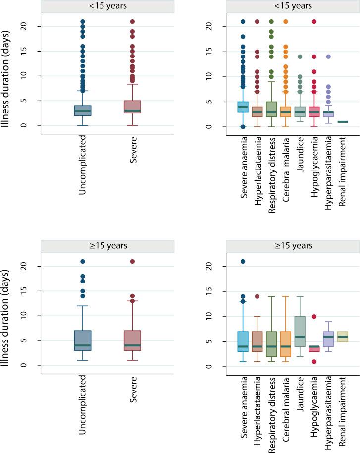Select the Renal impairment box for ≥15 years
pyautogui.click(x=342, y=337)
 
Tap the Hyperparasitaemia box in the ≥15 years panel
pyautogui.click(x=328, y=339)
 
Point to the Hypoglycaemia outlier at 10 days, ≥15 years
pyautogui.click(x=314, y=316)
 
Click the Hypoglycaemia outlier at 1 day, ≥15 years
pyautogui.click(x=314, y=361)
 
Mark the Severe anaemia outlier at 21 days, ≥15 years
pyautogui.click(x=243, y=261)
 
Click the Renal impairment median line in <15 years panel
pyautogui.click(x=342, y=122)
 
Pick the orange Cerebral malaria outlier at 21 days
pyautogui.click(x=286, y=21)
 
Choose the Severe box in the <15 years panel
pyautogui.click(x=132, y=109)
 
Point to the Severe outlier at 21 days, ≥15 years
pyautogui.click(x=132, y=261)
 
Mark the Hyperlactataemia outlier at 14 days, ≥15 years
pyautogui.click(x=257, y=296)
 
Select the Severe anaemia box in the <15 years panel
pyautogui.click(x=243, y=107)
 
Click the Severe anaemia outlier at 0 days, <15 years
pyautogui.click(x=243, y=127)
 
